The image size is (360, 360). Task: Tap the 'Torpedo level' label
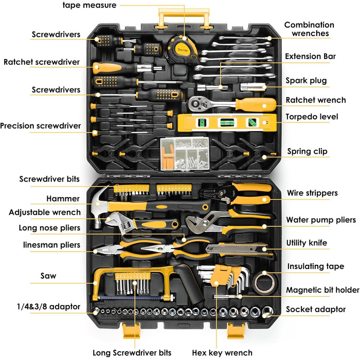point(312,117)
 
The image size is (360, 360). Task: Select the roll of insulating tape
point(265,283)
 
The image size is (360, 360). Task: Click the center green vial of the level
point(227,122)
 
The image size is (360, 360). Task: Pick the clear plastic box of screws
point(185,154)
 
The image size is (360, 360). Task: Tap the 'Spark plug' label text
point(306,81)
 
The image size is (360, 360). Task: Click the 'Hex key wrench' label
point(222,352)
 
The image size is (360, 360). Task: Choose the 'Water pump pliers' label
point(321,220)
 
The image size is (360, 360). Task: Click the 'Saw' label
point(48,276)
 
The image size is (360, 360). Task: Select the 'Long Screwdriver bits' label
point(132,352)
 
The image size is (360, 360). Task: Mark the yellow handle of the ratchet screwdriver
point(107,68)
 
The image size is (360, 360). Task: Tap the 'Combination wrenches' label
point(309,29)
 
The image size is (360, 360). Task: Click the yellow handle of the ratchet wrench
point(256,105)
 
